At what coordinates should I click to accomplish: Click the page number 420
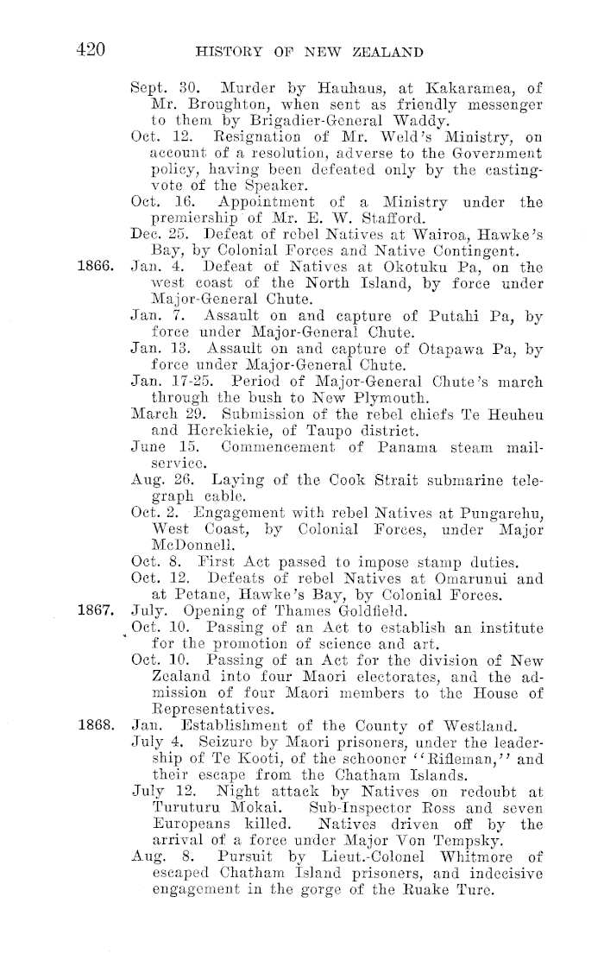pos(90,50)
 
